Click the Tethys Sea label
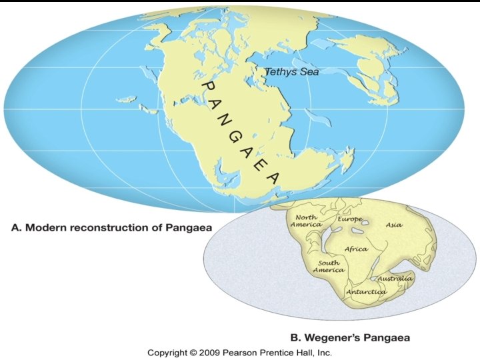pos(291,72)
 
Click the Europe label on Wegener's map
pos(349,219)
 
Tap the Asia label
pos(394,225)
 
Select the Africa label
pos(356,249)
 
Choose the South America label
pos(329,267)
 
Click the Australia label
pos(395,278)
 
